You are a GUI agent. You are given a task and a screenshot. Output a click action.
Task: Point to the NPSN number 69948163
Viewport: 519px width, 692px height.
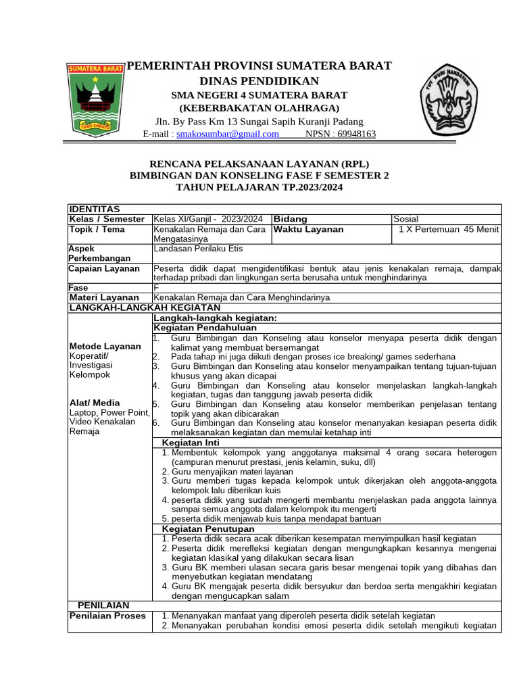[x=341, y=134]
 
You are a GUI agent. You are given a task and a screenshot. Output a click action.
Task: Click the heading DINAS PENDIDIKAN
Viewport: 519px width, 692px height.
[x=262, y=81]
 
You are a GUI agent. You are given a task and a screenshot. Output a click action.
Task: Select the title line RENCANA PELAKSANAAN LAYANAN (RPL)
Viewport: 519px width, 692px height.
[x=259, y=164]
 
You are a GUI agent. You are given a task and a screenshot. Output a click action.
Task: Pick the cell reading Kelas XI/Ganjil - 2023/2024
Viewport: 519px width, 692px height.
[x=208, y=219]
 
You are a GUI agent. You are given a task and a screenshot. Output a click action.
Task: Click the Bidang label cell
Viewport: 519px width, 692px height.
[x=291, y=219]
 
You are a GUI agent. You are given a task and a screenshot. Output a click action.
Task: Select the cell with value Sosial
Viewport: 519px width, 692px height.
[x=406, y=219]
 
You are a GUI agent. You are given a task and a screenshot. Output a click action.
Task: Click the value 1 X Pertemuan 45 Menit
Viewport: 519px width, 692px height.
[x=449, y=229]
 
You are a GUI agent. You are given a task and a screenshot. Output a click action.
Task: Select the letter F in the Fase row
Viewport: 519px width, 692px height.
[x=157, y=287]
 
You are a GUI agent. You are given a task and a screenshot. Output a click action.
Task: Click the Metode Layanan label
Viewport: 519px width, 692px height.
[x=105, y=346]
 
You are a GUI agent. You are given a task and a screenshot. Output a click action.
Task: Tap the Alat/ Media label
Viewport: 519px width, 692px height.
[x=95, y=402]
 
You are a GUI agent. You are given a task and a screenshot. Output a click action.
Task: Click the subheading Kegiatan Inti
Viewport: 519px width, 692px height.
[x=191, y=442]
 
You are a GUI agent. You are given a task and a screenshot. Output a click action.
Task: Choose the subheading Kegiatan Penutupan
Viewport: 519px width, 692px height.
[x=208, y=528]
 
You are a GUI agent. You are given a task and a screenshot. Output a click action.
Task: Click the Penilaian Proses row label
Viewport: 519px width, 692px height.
[x=108, y=616]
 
